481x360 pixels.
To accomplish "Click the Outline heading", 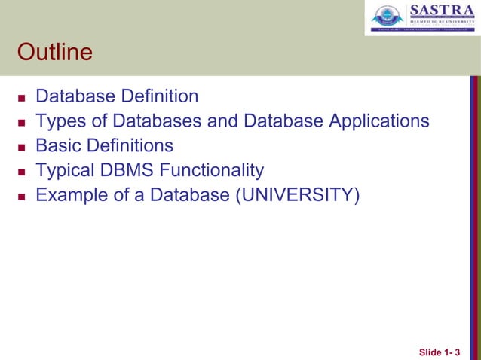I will tap(55, 53).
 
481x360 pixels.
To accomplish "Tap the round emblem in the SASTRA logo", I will tap(388, 18).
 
